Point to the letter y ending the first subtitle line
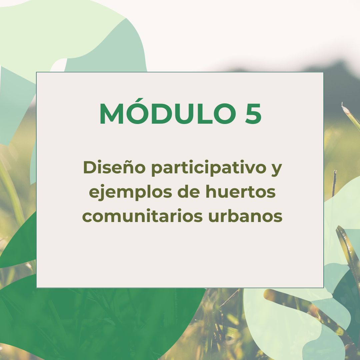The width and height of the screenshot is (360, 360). (276, 169)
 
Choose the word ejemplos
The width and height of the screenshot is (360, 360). (129, 193)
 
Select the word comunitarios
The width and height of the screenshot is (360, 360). (142, 217)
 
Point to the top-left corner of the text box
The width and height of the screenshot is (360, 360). (37, 72)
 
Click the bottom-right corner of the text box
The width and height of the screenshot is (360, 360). (323, 287)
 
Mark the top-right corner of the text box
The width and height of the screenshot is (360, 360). (323, 72)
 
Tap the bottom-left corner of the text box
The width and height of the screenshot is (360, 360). (37, 287)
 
